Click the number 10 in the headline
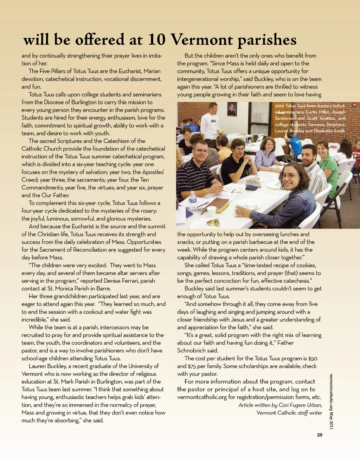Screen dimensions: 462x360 click(156, 39)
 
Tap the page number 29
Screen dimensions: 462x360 click(320, 435)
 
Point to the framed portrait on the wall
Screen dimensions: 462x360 click(232, 109)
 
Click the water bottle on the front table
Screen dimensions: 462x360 click(193, 201)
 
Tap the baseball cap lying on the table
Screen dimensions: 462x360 click(253, 184)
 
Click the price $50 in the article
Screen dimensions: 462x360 click(313, 358)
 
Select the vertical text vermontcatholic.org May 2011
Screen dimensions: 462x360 click(331, 401)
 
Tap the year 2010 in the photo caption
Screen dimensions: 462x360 click(279, 105)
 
